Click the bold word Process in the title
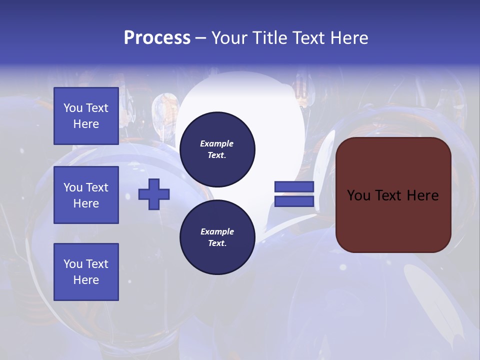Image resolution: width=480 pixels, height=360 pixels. [157, 38]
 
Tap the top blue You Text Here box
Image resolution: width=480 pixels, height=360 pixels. [86, 116]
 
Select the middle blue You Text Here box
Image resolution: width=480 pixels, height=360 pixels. [86, 195]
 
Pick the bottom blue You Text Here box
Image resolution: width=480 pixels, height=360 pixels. [86, 272]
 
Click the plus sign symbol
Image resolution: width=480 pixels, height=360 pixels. [154, 194]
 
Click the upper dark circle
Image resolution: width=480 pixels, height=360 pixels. [217, 149]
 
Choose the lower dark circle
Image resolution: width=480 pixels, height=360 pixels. [217, 237]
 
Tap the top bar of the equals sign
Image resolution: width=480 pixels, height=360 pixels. [294, 187]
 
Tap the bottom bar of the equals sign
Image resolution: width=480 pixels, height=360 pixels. [294, 201]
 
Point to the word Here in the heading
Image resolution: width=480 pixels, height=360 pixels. [348, 38]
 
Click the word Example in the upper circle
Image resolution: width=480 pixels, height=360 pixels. [217, 143]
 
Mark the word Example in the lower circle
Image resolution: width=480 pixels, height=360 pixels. [217, 231]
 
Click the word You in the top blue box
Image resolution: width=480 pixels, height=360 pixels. [73, 108]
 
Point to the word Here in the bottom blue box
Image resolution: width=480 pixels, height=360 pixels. [86, 280]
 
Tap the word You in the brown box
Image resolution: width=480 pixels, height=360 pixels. [358, 195]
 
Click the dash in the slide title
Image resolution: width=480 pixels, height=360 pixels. [200, 38]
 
